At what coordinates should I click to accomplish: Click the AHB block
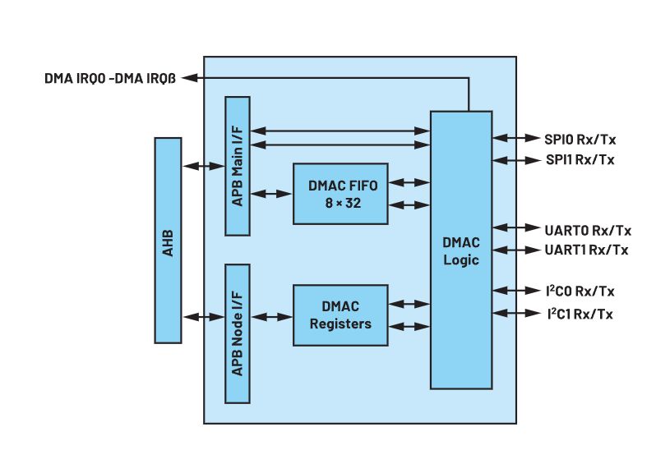tap(167, 240)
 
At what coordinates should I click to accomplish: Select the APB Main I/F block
tap(238, 166)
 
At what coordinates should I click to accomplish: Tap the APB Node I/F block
tap(238, 333)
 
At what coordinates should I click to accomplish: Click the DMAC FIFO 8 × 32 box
tap(340, 193)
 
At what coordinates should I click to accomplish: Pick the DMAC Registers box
tap(340, 315)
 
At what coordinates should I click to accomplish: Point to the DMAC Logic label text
tap(460, 251)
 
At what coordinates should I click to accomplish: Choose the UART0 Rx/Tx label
tap(587, 229)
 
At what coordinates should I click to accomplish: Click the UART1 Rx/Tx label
tap(587, 250)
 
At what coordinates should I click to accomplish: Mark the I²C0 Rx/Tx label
tap(580, 291)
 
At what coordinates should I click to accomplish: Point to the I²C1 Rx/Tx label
tap(580, 313)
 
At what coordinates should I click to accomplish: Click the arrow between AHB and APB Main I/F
tap(202, 166)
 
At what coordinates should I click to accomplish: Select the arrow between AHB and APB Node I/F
tap(202, 316)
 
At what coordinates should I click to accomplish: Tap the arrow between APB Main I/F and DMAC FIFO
tap(271, 194)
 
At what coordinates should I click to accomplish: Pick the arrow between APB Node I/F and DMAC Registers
tap(271, 316)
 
